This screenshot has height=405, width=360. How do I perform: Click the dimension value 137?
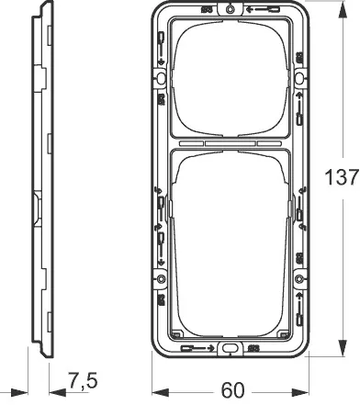click(x=342, y=177)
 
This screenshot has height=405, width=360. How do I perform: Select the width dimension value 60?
click(x=233, y=390)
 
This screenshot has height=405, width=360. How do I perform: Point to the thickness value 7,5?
click(x=83, y=381)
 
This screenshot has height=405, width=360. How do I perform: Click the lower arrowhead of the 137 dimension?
click(x=343, y=347)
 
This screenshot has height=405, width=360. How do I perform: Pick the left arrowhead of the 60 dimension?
click(x=161, y=392)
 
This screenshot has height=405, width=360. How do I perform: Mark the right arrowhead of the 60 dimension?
click(x=300, y=392)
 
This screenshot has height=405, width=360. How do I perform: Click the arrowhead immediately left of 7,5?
click(x=58, y=392)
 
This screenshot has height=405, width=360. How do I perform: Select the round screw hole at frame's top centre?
click(x=230, y=9)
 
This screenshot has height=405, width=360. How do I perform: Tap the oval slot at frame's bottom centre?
click(x=230, y=348)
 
